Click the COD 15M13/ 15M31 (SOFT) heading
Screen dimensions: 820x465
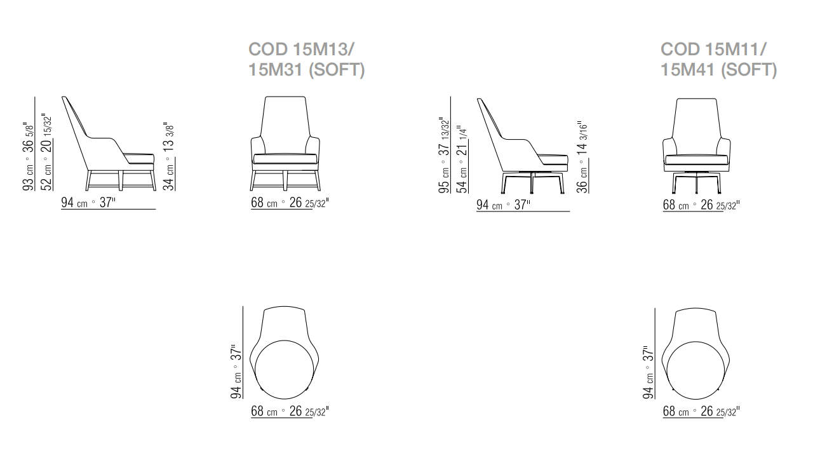tap(307, 59)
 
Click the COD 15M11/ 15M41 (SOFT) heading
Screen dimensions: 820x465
tap(718, 59)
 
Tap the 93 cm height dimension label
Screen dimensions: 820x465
tap(28, 157)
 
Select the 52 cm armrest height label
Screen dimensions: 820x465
tap(46, 152)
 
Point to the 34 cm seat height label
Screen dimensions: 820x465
tap(168, 157)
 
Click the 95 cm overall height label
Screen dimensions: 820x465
tap(444, 156)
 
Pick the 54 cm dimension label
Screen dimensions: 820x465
tap(462, 159)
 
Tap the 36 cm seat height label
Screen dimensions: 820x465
tap(582, 158)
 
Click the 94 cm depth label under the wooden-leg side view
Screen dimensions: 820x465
tap(88, 202)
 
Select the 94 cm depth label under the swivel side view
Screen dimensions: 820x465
tap(503, 205)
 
